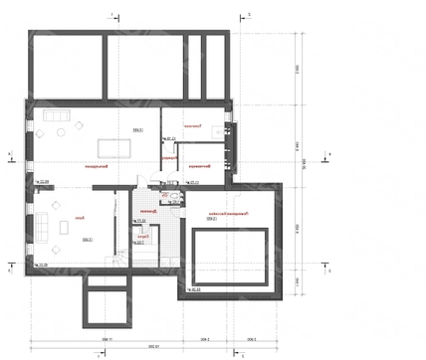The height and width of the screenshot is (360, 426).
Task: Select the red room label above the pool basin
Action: [x=232, y=213]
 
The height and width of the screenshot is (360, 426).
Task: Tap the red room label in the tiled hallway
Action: [x=150, y=211]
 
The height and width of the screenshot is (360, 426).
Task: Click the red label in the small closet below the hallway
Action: [x=144, y=236]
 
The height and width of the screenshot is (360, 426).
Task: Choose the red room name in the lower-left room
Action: [x=79, y=217]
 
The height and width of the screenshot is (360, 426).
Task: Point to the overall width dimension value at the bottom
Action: [x=151, y=347]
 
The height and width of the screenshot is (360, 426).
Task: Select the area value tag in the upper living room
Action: [x=135, y=130]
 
